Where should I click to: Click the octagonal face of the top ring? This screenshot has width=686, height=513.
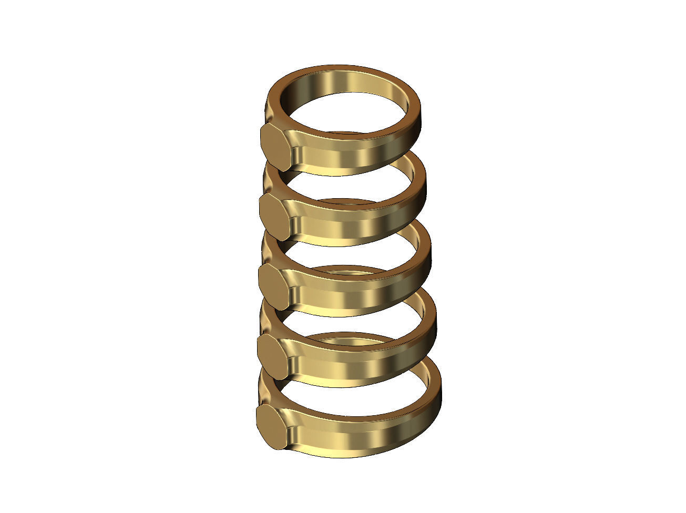[x=275, y=147]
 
